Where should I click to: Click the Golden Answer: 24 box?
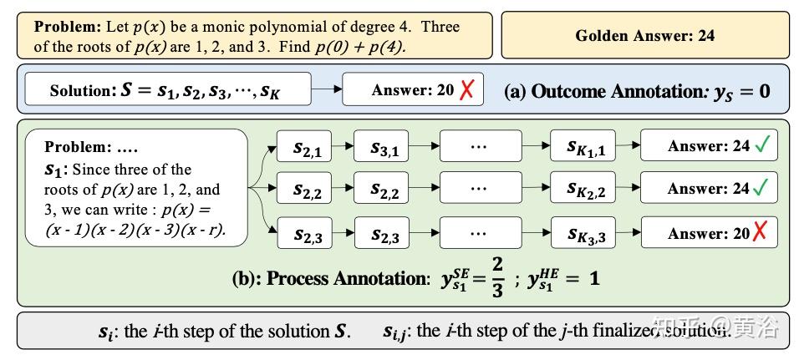pyautogui.click(x=644, y=35)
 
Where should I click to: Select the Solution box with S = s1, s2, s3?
pyautogui.click(x=167, y=89)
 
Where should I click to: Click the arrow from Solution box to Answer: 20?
pyautogui.click(x=326, y=89)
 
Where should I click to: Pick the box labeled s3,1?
pyautogui.click(x=384, y=148)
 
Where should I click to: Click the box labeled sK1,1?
pyautogui.click(x=583, y=148)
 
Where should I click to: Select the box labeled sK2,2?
pyautogui.click(x=583, y=190)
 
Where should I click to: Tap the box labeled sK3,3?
pyautogui.click(x=583, y=235)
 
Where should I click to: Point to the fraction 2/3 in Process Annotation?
pyautogui.click(x=497, y=279)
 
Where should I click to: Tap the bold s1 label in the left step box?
pyautogui.click(x=53, y=170)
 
